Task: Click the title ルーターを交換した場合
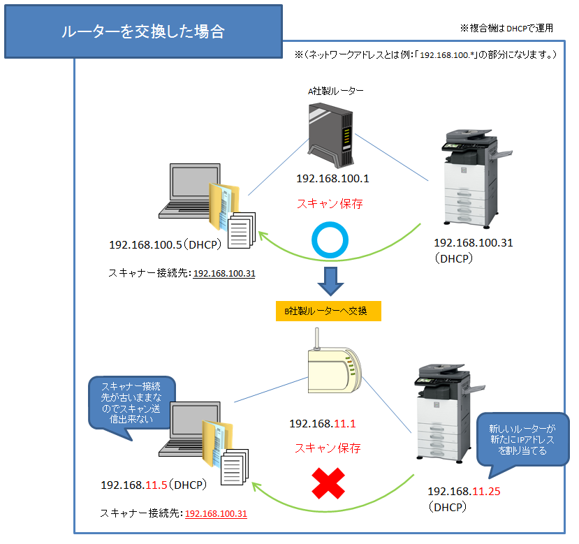142,31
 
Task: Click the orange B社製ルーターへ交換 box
328,311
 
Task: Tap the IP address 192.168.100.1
332,179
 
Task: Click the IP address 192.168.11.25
464,491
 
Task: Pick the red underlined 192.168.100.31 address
215,513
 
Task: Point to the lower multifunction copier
448,416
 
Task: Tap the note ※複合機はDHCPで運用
506,29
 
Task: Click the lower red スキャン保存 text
328,448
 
